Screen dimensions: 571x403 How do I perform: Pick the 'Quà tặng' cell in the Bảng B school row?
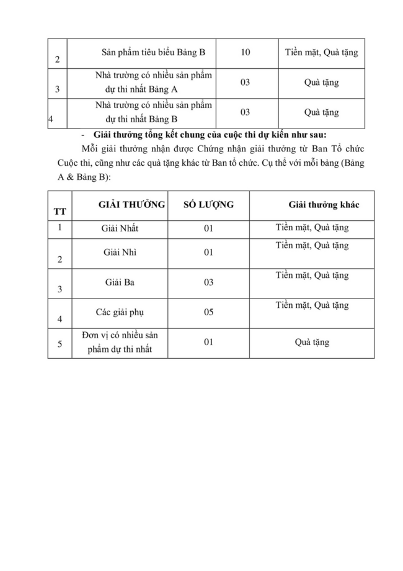(x=321, y=112)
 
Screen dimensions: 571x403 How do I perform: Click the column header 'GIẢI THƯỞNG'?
(x=131, y=204)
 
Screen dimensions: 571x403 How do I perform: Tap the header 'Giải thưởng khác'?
(x=323, y=204)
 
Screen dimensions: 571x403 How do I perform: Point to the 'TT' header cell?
(x=60, y=211)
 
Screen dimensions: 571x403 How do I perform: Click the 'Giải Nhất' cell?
(x=120, y=228)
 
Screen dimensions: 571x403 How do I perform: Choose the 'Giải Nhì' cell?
(x=120, y=252)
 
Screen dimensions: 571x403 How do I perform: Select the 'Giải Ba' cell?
(x=120, y=282)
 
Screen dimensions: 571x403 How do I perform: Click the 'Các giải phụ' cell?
(x=120, y=312)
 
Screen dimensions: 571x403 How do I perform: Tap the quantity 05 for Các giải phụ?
(x=208, y=312)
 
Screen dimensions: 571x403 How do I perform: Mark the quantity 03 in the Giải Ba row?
(x=208, y=282)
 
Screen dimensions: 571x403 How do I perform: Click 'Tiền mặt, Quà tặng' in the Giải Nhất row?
(x=312, y=227)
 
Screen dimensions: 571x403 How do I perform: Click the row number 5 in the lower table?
(x=60, y=343)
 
